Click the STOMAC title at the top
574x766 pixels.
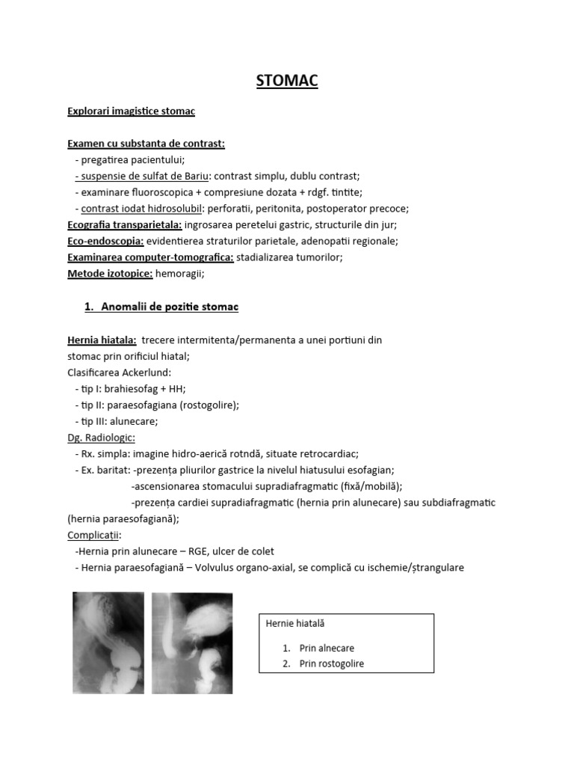coord(287,81)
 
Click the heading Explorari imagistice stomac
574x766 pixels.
coord(131,111)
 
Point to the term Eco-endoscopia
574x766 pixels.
coord(105,241)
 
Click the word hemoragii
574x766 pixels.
coord(179,274)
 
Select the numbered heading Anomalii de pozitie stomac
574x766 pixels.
coord(169,307)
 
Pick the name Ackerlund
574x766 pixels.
coord(147,373)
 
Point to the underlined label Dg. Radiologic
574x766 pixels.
coord(101,438)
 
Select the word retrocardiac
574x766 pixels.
coord(330,453)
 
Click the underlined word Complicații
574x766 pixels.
coord(94,536)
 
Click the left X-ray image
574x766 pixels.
coord(108,643)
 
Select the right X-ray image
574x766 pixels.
coord(192,643)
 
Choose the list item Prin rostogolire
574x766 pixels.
coord(332,664)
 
